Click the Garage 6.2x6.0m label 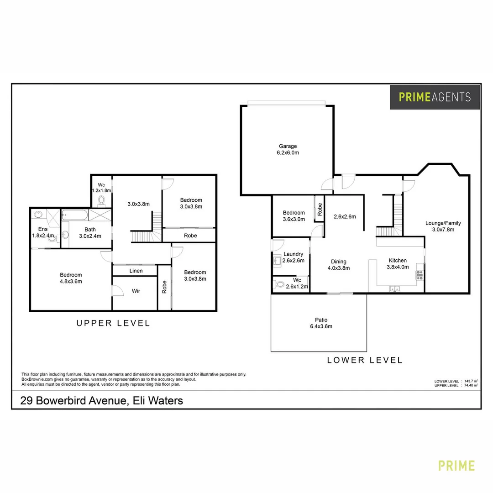pyautogui.click(x=288, y=150)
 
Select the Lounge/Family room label pyautogui.click(x=443, y=226)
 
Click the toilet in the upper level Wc pyautogui.click(x=101, y=200)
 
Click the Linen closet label pyautogui.click(x=136, y=271)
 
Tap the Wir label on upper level pyautogui.click(x=136, y=291)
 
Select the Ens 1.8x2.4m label pyautogui.click(x=43, y=232)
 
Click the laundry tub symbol pyautogui.click(x=277, y=261)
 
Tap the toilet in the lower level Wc pyautogui.click(x=279, y=284)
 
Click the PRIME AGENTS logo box pyautogui.click(x=435, y=97)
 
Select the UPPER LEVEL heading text pyautogui.click(x=113, y=323)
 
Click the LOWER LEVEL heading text pyautogui.click(x=365, y=360)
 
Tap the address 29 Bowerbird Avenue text pyautogui.click(x=101, y=401)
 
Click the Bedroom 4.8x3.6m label pyautogui.click(x=71, y=278)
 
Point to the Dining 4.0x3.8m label pyautogui.click(x=339, y=265)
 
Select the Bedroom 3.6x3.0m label pyautogui.click(x=294, y=216)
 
